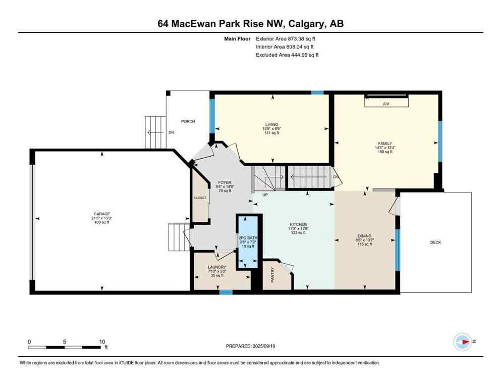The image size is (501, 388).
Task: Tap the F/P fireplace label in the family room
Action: (387, 104)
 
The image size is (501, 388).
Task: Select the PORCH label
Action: (188, 121)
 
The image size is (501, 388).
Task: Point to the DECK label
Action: (435, 243)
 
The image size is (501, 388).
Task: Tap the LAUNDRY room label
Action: (217, 267)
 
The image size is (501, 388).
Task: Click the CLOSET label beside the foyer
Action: (200, 198)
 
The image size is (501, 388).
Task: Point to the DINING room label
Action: (365, 235)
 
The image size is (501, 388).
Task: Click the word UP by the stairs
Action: (264, 194)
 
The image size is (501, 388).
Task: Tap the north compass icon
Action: (463, 342)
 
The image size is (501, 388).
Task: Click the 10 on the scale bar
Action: (102, 341)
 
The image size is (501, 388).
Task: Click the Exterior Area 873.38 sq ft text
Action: (287, 38)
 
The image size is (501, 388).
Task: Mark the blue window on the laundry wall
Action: (226, 292)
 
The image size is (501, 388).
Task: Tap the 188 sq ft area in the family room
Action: (387, 152)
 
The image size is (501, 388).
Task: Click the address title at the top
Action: (250, 24)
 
